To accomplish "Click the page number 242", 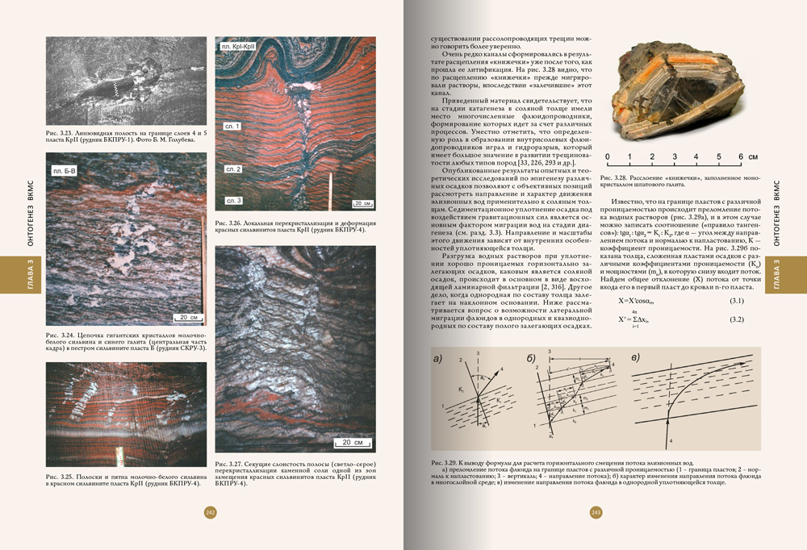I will [x=211, y=512].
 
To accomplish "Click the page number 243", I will [x=597, y=512].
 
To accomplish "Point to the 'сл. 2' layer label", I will [x=233, y=169].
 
